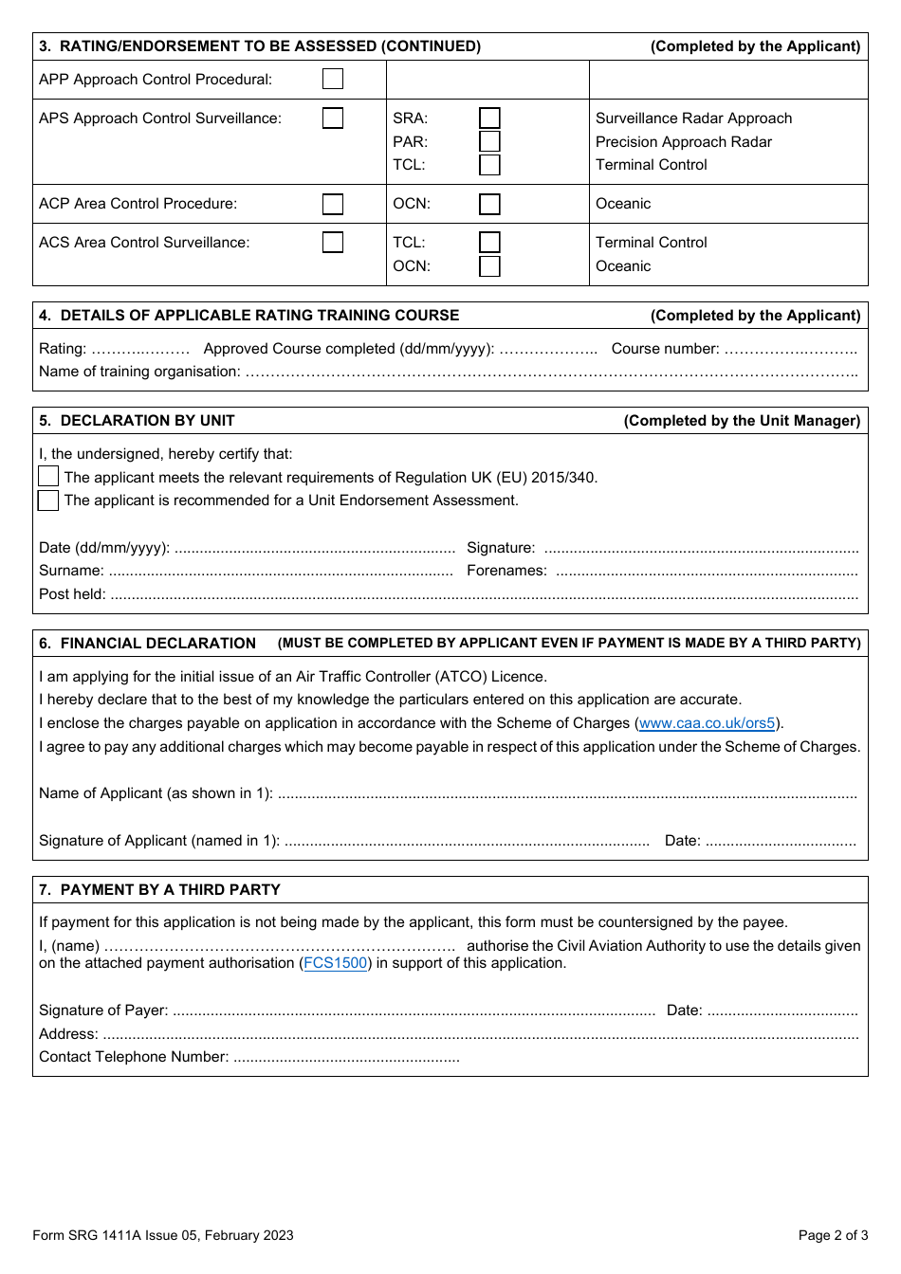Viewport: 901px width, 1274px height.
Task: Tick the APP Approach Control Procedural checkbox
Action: coord(333,79)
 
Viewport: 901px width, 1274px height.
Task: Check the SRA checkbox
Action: coord(489,118)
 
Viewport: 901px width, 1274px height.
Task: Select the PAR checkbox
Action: coord(489,141)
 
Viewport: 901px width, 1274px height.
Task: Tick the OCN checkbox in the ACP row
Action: coord(489,204)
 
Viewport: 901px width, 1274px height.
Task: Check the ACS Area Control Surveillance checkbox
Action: coord(333,243)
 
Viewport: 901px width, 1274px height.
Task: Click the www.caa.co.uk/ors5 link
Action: coord(707,723)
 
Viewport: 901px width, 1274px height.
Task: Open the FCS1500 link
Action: coord(335,963)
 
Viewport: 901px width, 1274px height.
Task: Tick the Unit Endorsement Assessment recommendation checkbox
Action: coord(48,500)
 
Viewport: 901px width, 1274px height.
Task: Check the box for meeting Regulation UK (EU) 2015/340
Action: coord(48,477)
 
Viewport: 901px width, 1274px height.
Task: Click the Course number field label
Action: coord(665,349)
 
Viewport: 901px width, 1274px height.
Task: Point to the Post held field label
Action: coord(72,594)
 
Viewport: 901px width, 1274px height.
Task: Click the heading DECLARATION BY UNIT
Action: coord(147,421)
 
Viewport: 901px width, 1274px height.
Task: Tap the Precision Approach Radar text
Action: coord(683,142)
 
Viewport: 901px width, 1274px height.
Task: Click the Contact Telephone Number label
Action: coord(134,1057)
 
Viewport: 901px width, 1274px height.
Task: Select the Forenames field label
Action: coord(506,571)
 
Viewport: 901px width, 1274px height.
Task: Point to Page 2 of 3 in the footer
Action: coord(833,1235)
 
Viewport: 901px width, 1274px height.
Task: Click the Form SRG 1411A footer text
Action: coord(162,1235)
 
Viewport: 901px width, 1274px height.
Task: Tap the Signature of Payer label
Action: coord(103,1010)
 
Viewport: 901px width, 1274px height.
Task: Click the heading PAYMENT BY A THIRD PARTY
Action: coord(170,890)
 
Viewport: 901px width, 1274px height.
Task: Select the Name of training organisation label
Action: coord(139,372)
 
